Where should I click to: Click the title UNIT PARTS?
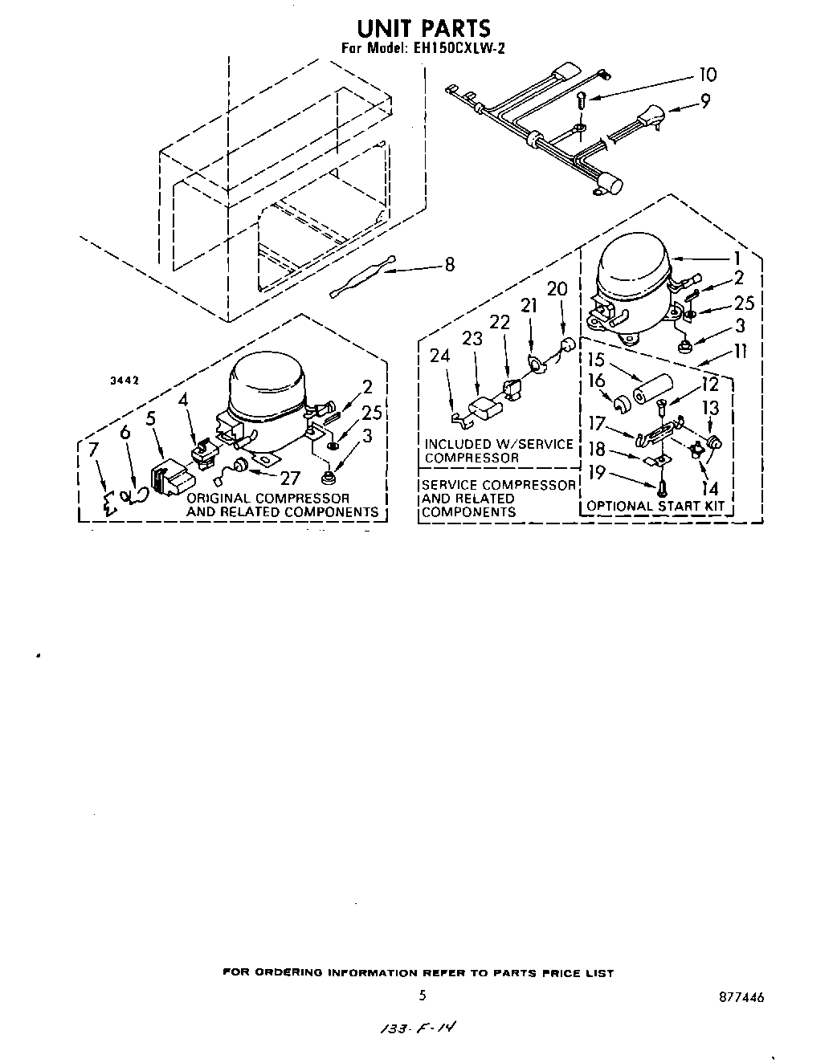coord(423,28)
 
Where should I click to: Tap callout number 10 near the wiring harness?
coord(707,75)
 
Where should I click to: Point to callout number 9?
coord(705,102)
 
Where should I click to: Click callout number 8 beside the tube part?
coord(449,263)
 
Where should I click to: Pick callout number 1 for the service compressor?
coord(737,259)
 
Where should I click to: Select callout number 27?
coord(289,479)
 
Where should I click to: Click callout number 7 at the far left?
coord(95,450)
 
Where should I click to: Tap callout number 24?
coord(439,355)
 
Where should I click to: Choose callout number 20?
coord(557,289)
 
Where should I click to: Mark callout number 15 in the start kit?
coord(597,360)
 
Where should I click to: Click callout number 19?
coord(597,472)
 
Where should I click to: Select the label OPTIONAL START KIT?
coord(655,506)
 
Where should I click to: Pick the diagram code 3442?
coord(124,381)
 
